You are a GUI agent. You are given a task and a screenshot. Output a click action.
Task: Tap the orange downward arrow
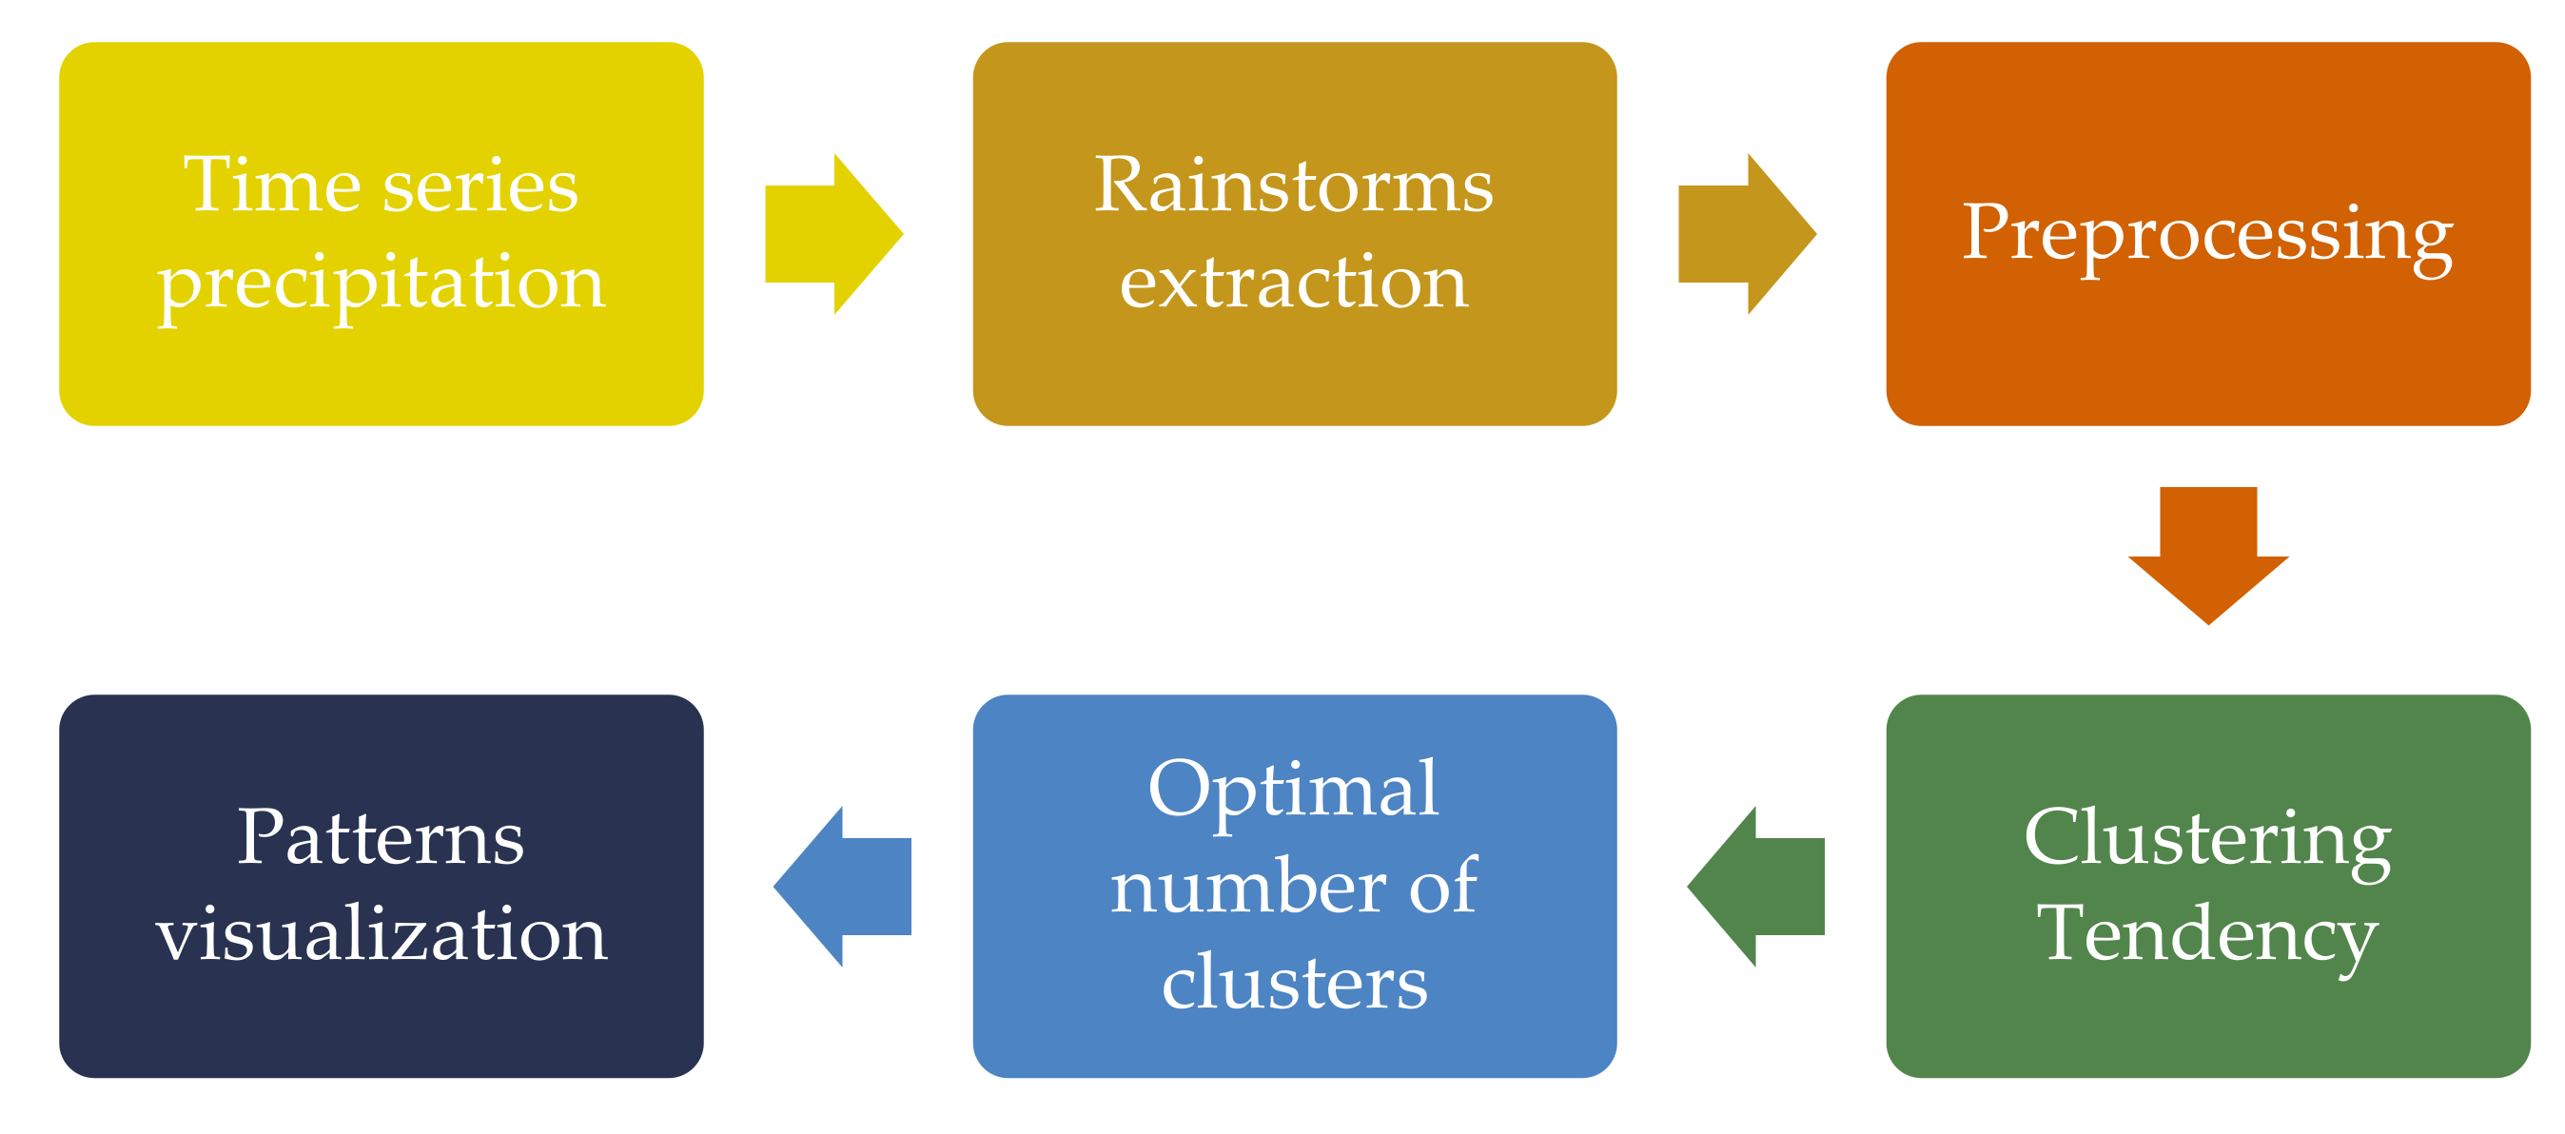[x=2207, y=557]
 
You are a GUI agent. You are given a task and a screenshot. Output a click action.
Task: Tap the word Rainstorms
[x=1294, y=186]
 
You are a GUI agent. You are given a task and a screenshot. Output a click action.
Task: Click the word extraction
[x=1294, y=283]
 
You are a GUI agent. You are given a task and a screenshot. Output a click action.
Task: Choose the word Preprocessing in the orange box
[x=2207, y=235]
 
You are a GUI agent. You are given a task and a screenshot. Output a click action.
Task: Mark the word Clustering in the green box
[x=2207, y=839]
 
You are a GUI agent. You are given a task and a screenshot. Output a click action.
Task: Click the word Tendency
[x=2207, y=935]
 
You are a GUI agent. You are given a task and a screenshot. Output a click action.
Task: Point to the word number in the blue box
[x=1247, y=886]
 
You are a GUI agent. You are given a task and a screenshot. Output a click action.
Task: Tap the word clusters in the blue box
[x=1294, y=982]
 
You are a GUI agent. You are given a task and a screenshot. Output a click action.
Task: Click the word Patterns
[x=381, y=838]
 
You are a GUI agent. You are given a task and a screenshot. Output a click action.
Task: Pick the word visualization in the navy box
[x=382, y=935]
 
